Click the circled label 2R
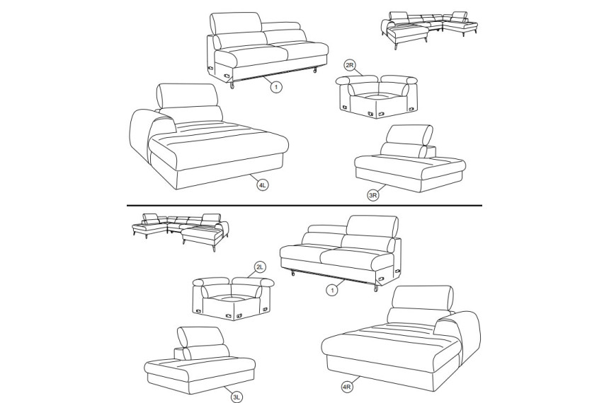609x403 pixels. pyautogui.click(x=350, y=65)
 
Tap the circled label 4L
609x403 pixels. pyautogui.click(x=263, y=185)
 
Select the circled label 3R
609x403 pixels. pyautogui.click(x=373, y=195)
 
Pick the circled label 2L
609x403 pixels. pyautogui.click(x=260, y=267)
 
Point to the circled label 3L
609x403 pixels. pyautogui.click(x=237, y=397)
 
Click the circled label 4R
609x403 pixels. pyautogui.click(x=347, y=387)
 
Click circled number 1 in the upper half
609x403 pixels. pyautogui.click(x=276, y=87)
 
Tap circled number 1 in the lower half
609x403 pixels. pyautogui.click(x=331, y=290)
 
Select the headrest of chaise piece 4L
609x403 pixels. pyautogui.click(x=187, y=95)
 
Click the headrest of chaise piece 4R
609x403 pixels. pyautogui.click(x=423, y=298)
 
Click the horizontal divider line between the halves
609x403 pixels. pyautogui.click(x=304, y=205)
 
